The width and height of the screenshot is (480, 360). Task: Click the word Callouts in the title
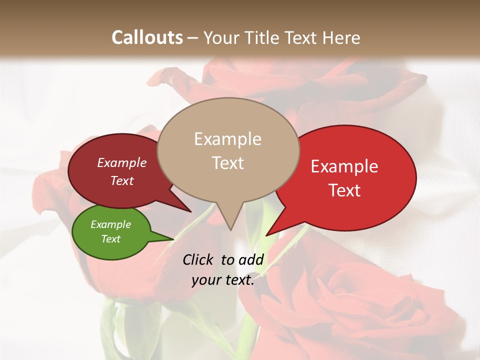[147, 38]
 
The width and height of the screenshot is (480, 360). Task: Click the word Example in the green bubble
[111, 224]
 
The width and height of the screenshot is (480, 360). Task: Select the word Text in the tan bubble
[228, 163]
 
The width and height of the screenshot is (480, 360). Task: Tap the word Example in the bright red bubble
[344, 166]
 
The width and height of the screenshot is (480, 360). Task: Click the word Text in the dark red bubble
[122, 180]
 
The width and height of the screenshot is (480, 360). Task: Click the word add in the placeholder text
[251, 259]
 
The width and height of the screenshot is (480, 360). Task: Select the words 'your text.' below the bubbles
[223, 280]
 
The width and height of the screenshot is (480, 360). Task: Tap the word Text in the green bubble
[111, 239]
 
